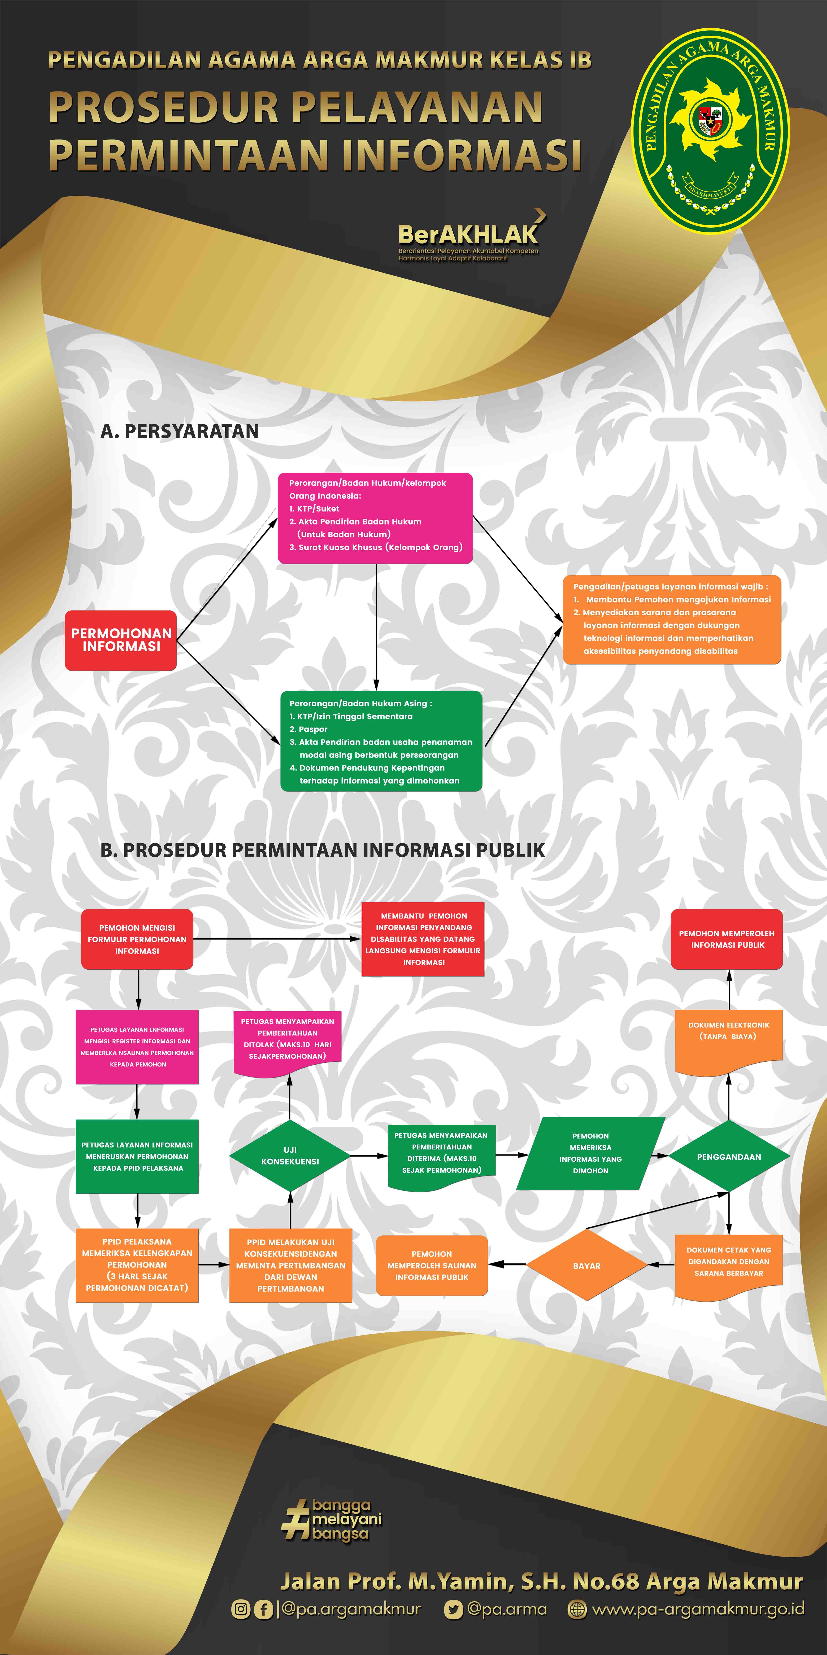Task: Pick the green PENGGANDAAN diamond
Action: [729, 1156]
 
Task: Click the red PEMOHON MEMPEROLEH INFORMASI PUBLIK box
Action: [727, 939]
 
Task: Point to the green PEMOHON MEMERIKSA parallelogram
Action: [591, 1154]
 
